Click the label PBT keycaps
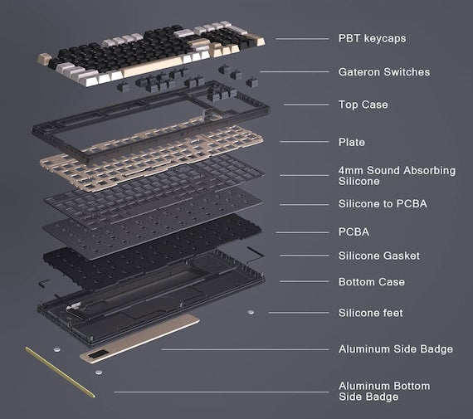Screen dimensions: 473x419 372,39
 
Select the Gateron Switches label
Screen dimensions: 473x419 384,72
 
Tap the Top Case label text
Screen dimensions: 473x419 363,105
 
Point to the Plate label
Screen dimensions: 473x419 352,142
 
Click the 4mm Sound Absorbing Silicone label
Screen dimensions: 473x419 397,176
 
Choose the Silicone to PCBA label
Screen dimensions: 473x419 383,203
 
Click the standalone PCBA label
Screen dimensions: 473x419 354,231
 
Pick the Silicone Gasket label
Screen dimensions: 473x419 379,256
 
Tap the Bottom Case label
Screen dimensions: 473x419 371,282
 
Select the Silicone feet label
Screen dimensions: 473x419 370,313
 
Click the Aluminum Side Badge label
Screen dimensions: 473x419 396,349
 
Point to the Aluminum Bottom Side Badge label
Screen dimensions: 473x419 384,392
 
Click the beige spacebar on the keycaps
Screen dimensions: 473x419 153,66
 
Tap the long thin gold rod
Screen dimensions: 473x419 60,372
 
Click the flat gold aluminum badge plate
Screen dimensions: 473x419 139,338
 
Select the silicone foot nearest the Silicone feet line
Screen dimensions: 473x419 251,312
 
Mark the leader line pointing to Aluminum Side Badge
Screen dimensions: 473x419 245,349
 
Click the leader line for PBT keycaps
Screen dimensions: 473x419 302,39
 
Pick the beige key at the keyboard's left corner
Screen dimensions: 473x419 44,58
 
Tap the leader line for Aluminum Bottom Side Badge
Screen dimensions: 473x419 222,392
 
